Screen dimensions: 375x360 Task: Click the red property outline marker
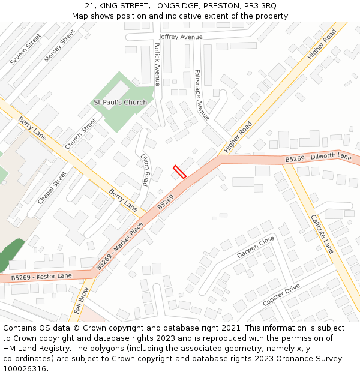click(x=179, y=172)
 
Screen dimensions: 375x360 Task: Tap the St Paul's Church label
click(x=120, y=102)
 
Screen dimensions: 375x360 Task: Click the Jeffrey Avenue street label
click(x=181, y=37)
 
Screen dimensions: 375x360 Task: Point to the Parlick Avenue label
click(x=157, y=64)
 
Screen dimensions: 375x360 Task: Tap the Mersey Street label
click(x=59, y=46)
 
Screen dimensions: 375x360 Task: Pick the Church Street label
click(x=80, y=134)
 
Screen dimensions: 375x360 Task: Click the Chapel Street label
click(x=52, y=187)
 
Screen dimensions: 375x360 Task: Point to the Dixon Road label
click(x=145, y=169)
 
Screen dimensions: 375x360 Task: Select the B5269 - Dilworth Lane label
click(x=318, y=158)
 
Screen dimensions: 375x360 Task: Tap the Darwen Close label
click(x=255, y=247)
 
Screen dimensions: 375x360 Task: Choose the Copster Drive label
click(x=281, y=295)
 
